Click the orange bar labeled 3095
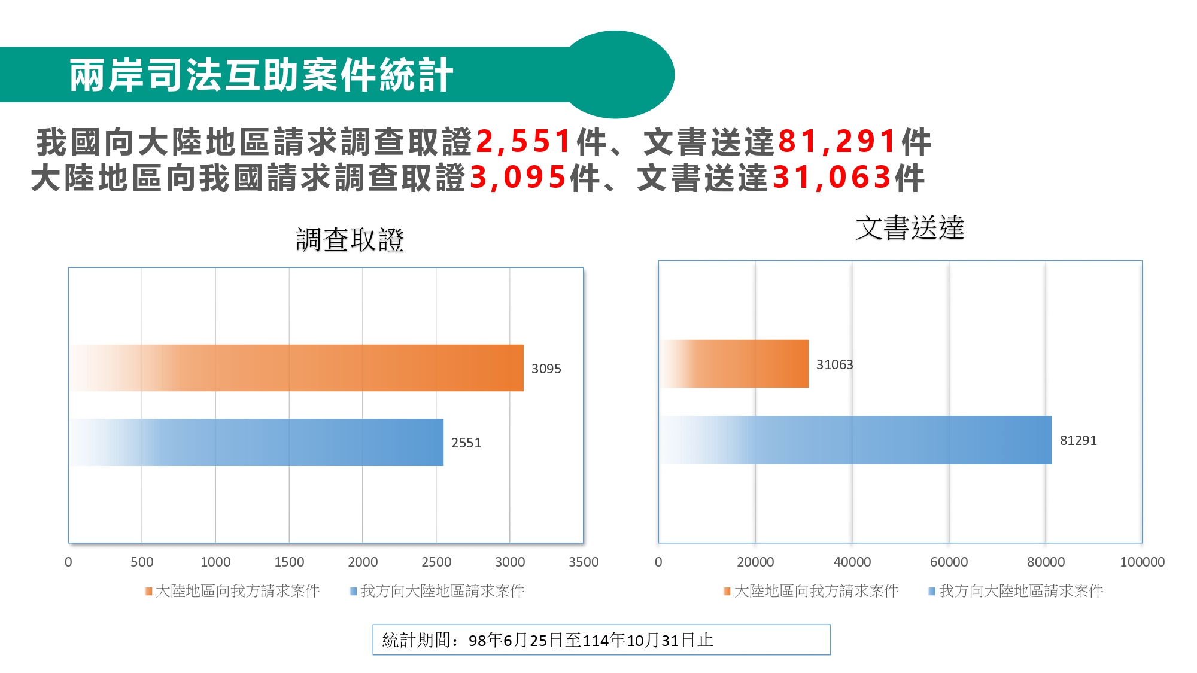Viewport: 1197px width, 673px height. click(299, 368)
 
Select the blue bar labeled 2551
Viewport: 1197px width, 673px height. click(257, 442)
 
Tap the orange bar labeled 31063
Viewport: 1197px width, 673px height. click(735, 364)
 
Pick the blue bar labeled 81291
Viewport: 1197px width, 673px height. click(856, 440)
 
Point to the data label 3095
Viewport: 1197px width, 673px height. click(546, 369)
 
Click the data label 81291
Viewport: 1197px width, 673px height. click(1078, 440)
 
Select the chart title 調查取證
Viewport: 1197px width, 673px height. click(350, 240)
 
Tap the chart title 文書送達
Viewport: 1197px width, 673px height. click(910, 228)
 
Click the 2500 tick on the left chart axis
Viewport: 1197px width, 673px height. click(436, 562)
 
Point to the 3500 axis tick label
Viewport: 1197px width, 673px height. click(584, 562)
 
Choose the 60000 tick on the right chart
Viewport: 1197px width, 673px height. click(949, 562)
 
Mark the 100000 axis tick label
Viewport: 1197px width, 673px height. click(1142, 562)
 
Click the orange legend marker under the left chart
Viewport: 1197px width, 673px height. click(148, 591)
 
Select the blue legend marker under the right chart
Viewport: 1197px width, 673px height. click(931, 591)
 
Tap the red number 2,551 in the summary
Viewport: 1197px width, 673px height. click(523, 142)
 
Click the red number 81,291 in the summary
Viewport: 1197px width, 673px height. click(837, 142)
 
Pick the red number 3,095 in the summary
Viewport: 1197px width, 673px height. click(517, 178)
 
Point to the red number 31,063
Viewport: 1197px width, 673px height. click(831, 178)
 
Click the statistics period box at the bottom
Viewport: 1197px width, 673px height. click(601, 639)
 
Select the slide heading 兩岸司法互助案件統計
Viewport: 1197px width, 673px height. click(261, 75)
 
